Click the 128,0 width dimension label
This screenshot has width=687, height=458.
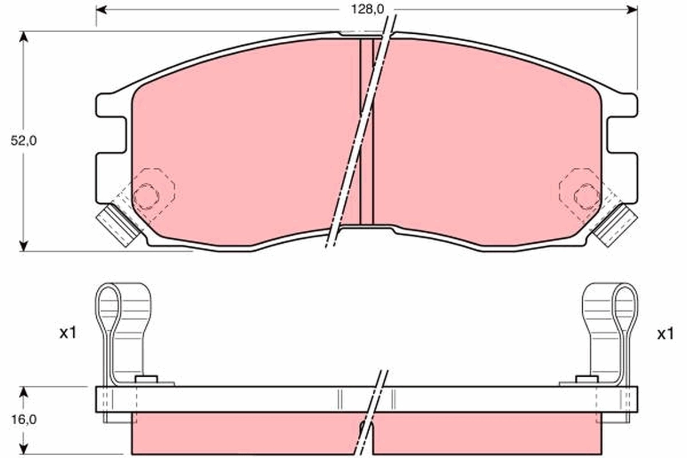[x=360, y=9]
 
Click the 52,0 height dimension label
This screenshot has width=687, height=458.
[x=23, y=141]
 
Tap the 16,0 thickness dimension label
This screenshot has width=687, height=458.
[x=23, y=419]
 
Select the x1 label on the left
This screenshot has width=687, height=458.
[x=68, y=334]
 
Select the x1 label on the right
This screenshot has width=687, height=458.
[x=665, y=334]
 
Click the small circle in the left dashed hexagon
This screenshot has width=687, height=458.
[x=146, y=196]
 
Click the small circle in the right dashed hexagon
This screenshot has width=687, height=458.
[x=586, y=196]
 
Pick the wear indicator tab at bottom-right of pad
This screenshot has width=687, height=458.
[x=615, y=224]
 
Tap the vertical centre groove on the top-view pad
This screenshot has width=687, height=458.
[x=366, y=132]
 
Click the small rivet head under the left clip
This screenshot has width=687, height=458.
[x=147, y=379]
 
